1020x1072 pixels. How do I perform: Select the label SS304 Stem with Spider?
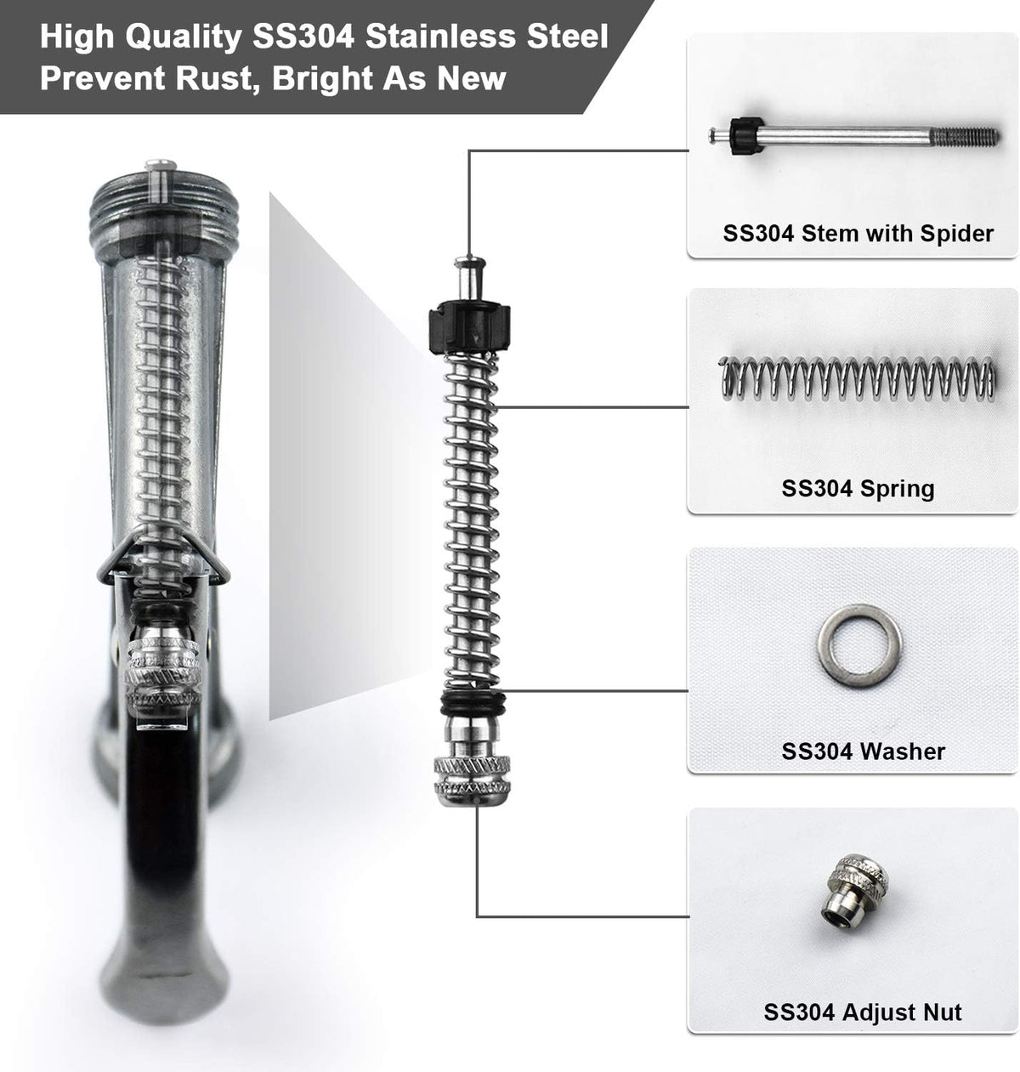(858, 234)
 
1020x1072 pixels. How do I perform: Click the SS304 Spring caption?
(858, 489)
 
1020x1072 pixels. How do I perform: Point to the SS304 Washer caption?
(863, 752)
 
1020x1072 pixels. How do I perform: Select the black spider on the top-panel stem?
(747, 136)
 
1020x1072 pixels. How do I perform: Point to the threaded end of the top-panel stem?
(964, 136)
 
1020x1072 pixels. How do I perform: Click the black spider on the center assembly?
(469, 326)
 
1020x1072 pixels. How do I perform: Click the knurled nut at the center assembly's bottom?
(472, 780)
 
